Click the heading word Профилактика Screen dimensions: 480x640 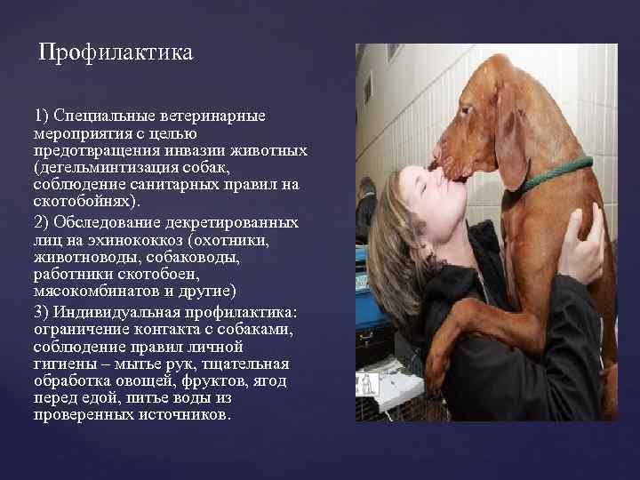116,54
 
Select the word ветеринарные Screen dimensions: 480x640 226,117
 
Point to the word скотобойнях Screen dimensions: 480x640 76,202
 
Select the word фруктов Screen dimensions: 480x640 200,381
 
